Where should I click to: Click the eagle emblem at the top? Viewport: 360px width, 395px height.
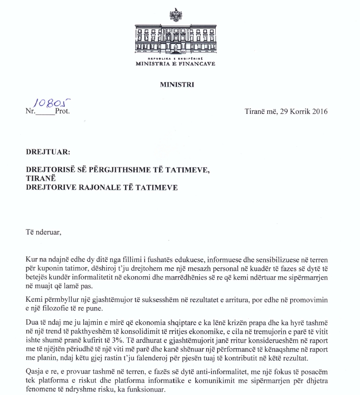click(x=176, y=16)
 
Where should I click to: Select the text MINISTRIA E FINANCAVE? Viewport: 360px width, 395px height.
click(x=176, y=64)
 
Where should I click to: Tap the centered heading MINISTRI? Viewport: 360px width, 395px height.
click(x=176, y=84)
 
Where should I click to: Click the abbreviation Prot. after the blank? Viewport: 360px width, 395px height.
click(x=62, y=112)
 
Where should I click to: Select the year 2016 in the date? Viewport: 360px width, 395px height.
click(x=319, y=112)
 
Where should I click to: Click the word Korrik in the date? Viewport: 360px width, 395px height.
click(x=299, y=112)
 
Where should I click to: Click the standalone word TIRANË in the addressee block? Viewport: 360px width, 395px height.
click(x=37, y=180)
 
